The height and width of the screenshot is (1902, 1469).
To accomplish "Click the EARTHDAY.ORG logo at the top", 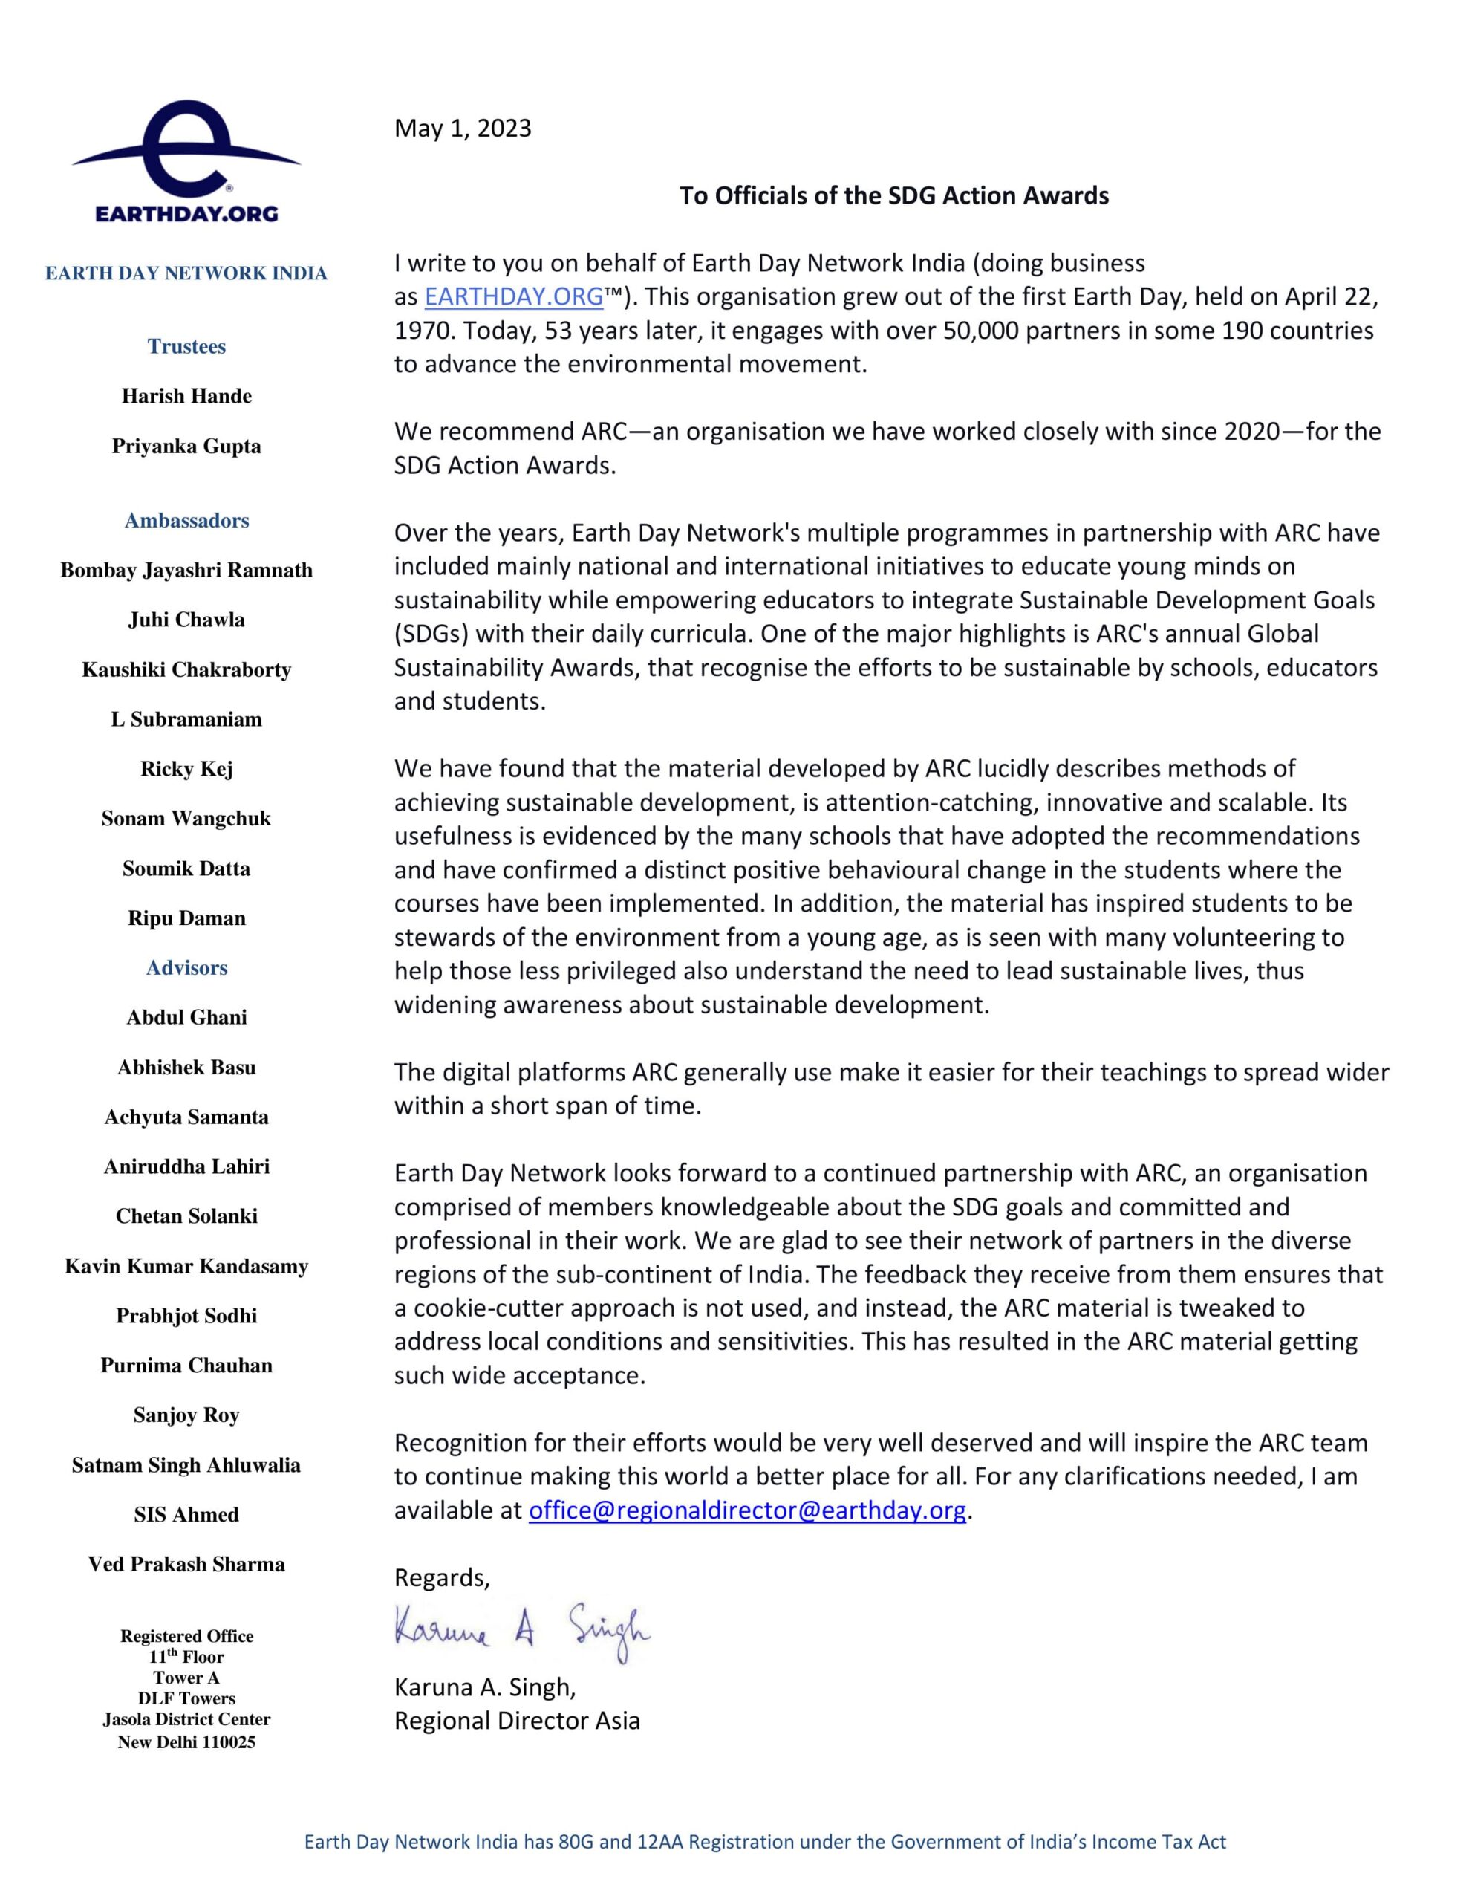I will (x=186, y=162).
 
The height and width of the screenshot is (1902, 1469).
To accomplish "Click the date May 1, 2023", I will (x=463, y=128).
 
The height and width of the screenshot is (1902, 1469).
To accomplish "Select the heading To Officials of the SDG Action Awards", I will (x=893, y=195).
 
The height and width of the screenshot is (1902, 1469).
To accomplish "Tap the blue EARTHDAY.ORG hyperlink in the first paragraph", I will (x=514, y=297).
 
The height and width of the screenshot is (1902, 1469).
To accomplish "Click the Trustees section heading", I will (x=186, y=347).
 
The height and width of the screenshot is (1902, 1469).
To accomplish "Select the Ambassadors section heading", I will (x=186, y=521).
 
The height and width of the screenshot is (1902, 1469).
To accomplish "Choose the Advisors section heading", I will (x=186, y=967).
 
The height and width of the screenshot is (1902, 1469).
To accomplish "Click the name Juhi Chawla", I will (x=186, y=620).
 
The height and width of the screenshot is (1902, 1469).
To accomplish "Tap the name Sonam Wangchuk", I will (x=186, y=819).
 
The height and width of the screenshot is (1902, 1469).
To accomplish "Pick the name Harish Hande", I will (x=186, y=396).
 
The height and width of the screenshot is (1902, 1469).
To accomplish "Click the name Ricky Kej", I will (x=186, y=769).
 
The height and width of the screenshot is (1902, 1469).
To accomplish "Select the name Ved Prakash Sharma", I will (x=186, y=1564).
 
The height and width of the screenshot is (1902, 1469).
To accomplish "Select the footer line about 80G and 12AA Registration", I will (x=764, y=1841).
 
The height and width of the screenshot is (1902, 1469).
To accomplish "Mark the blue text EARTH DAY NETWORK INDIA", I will (x=186, y=273).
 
